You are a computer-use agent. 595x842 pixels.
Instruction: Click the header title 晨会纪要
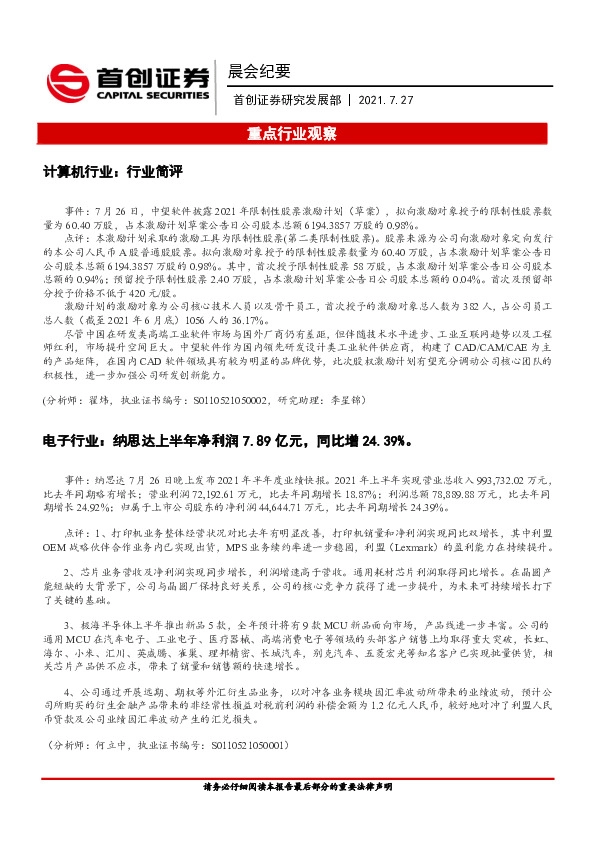pyautogui.click(x=259, y=71)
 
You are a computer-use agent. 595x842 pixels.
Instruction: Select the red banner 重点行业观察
pyautogui.click(x=297, y=132)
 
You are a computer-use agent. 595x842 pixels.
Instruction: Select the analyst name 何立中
pyautogui.click(x=116, y=745)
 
